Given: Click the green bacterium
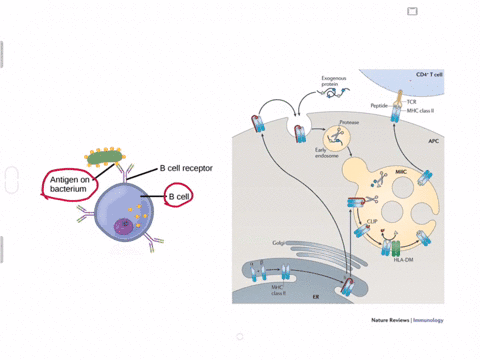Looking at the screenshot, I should point(104,156).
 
